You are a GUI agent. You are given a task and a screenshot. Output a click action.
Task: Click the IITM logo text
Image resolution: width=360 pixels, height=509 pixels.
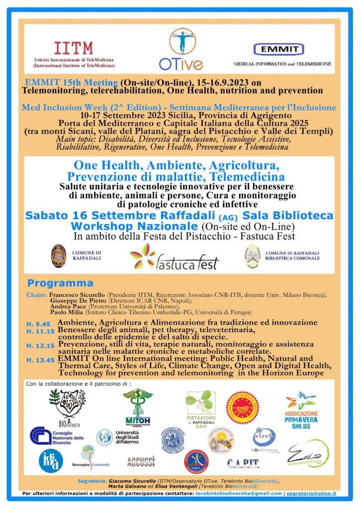pos(74,48)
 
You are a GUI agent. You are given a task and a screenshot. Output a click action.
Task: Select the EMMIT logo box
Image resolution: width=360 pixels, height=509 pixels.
pos(278,49)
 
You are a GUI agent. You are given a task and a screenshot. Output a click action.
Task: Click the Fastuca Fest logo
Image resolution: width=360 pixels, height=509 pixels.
pos(175,259)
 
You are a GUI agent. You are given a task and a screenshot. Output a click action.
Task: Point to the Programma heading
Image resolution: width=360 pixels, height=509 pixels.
pos(60,283)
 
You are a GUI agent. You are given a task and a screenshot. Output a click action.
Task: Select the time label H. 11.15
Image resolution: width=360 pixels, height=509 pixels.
pos(40,331)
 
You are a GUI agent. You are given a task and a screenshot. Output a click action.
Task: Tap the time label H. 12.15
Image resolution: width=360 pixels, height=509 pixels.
pos(40,345)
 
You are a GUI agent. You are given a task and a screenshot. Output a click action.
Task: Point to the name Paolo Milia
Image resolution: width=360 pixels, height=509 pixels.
pos(67,312)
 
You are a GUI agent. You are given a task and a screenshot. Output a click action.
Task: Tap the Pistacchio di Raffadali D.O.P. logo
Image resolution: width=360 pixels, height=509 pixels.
pos(200,408)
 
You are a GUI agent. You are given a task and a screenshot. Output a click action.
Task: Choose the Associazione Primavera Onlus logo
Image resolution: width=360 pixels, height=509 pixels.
pos(302,409)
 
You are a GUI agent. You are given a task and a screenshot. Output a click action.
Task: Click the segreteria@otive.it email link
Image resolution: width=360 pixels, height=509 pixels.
pos(314,493)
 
